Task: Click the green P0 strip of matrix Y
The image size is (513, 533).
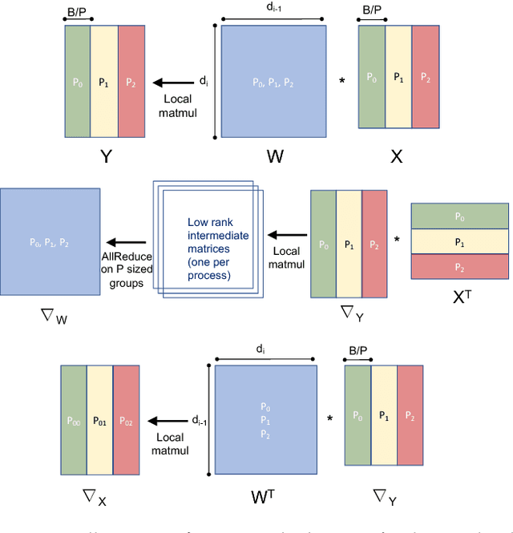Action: click(x=76, y=81)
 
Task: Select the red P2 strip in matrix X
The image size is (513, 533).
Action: click(x=425, y=79)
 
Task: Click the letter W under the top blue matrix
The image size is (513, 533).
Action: click(x=275, y=157)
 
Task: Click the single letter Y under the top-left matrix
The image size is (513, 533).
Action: click(x=104, y=155)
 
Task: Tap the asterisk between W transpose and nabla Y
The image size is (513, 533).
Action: click(x=329, y=418)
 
